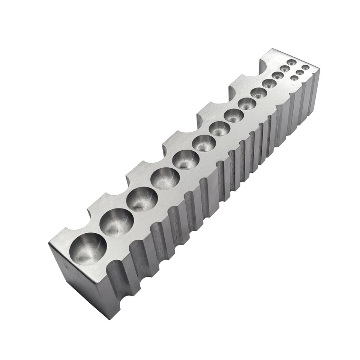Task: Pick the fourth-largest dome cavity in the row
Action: [x=165, y=178]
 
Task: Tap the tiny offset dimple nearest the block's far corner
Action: [x=306, y=67]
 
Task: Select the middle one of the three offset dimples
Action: [x=300, y=72]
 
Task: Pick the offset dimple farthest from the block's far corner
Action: [x=294, y=78]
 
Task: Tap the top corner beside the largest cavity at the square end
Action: [x=49, y=244]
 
